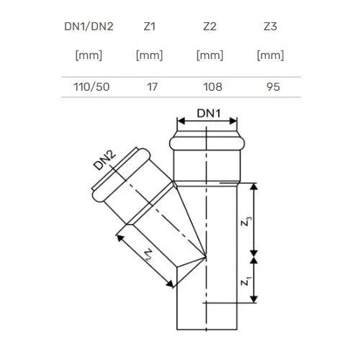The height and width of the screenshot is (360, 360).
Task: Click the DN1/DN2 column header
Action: click(x=89, y=27)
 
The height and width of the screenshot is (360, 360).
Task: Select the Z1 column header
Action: click(x=150, y=27)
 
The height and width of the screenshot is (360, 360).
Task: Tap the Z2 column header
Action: click(x=210, y=27)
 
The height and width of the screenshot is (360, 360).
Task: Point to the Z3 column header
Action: click(x=271, y=27)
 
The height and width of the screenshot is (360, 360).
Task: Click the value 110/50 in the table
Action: click(x=91, y=87)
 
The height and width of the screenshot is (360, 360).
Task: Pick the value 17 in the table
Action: click(x=152, y=87)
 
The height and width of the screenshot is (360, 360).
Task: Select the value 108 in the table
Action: click(x=212, y=87)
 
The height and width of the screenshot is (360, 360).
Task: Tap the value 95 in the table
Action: click(x=273, y=87)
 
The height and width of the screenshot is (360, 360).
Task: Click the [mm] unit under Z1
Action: click(x=149, y=55)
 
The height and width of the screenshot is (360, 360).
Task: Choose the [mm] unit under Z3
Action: click(x=271, y=55)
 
